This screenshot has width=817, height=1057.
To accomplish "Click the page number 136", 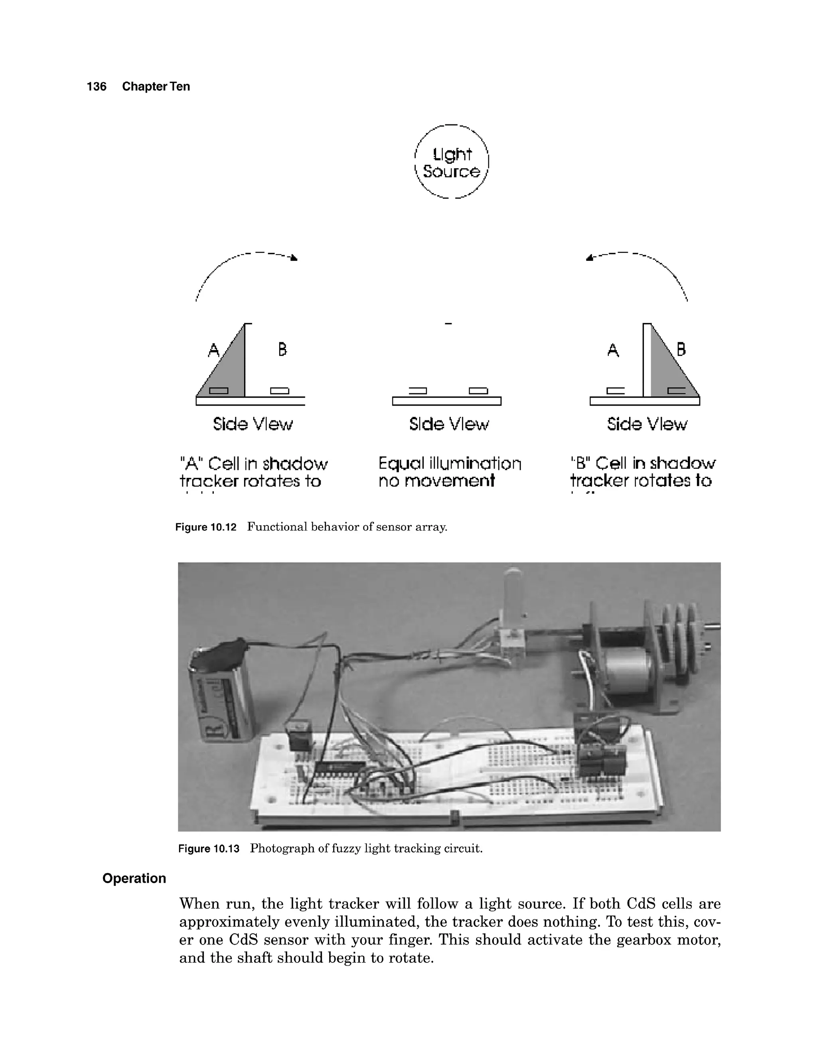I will (96, 87).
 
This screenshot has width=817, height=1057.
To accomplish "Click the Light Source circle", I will (452, 162).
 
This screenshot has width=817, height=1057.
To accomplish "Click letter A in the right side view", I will (613, 349).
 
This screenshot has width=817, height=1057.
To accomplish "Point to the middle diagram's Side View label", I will (449, 424).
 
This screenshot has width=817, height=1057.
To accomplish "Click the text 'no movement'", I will (436, 481).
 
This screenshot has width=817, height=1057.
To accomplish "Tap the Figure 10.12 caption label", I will (206, 527).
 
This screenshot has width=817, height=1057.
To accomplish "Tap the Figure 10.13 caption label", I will (209, 849).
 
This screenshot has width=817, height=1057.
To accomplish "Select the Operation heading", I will (134, 878).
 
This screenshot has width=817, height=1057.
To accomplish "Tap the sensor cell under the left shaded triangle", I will (218, 390).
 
